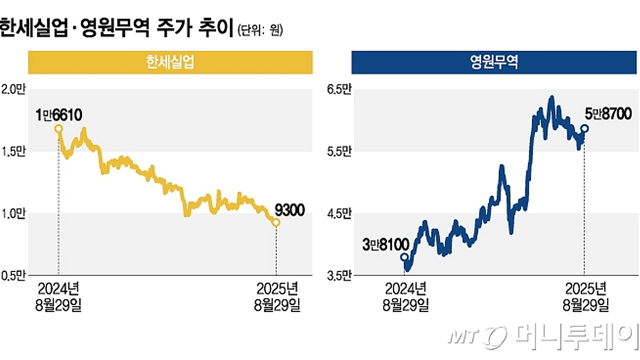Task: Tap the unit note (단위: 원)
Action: coord(260,30)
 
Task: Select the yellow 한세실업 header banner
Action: coord(169,63)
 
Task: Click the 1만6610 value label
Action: coord(58,115)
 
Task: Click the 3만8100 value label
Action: coord(385,245)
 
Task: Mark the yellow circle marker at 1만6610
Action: coord(58,129)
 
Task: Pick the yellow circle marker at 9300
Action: coord(276,222)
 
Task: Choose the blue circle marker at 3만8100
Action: coord(404,257)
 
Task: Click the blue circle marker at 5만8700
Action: coord(585,128)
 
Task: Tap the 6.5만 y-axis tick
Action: coord(339,90)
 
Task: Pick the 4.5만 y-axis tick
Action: coord(339,214)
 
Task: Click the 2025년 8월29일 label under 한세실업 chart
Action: coord(276,297)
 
